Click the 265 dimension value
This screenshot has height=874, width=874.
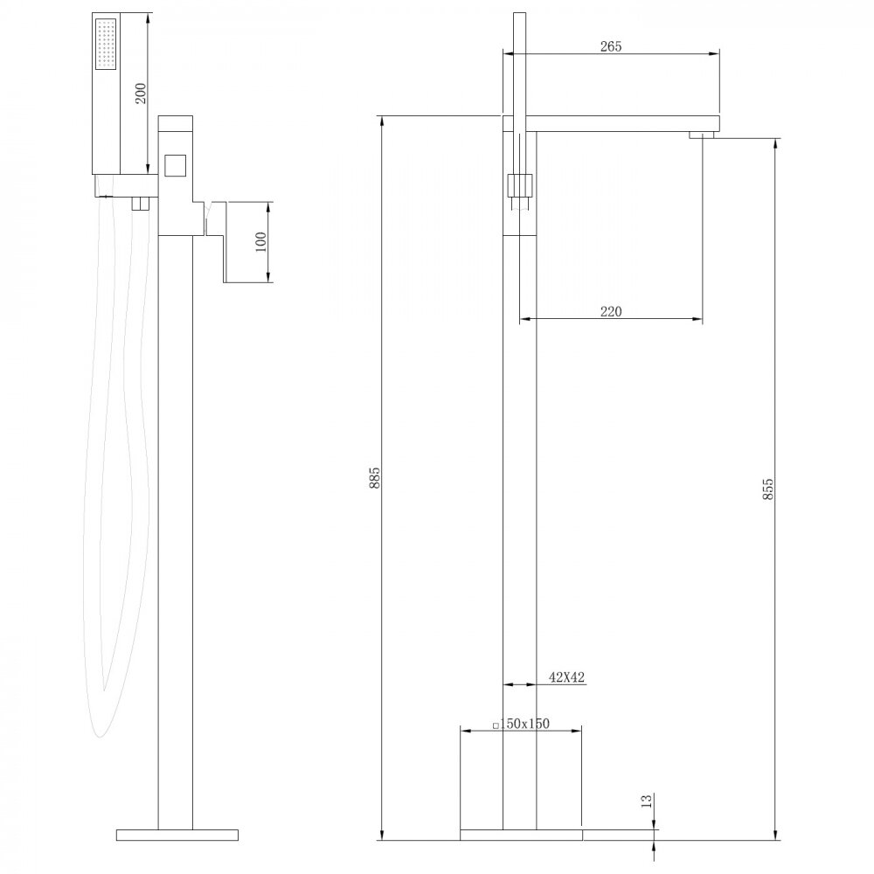[x=610, y=46]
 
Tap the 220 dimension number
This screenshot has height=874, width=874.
[x=610, y=312]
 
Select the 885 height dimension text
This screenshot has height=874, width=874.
[x=374, y=478]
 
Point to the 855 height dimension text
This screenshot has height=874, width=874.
[x=767, y=489]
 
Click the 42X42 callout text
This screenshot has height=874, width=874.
[x=567, y=677]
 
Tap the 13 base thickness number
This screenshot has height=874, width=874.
[x=646, y=801]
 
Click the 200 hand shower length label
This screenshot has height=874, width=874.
[x=141, y=94]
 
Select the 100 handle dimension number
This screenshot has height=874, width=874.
[x=260, y=242]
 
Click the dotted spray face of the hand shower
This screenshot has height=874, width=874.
[x=106, y=45]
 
